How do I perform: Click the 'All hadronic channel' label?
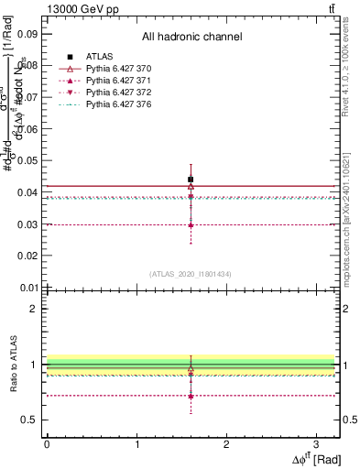[191, 37]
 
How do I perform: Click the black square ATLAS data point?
[191, 180]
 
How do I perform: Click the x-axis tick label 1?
[136, 443]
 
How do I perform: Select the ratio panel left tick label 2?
[34, 309]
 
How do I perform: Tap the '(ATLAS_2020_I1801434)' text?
[191, 273]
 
